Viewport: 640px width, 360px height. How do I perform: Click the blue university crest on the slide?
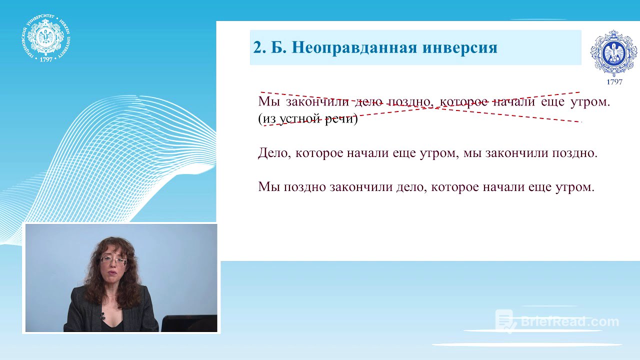tap(613, 53)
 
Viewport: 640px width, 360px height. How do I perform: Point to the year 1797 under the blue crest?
tap(614, 82)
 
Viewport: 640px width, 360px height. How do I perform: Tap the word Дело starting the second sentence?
tap(274, 153)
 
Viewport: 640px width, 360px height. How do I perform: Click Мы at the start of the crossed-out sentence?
tap(268, 102)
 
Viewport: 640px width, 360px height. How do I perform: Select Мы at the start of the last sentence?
tap(268, 187)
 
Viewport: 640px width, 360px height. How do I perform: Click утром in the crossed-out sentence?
tap(592, 102)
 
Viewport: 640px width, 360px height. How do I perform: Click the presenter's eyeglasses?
tap(113, 260)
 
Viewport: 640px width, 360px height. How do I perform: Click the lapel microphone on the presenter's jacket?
tap(102, 316)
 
